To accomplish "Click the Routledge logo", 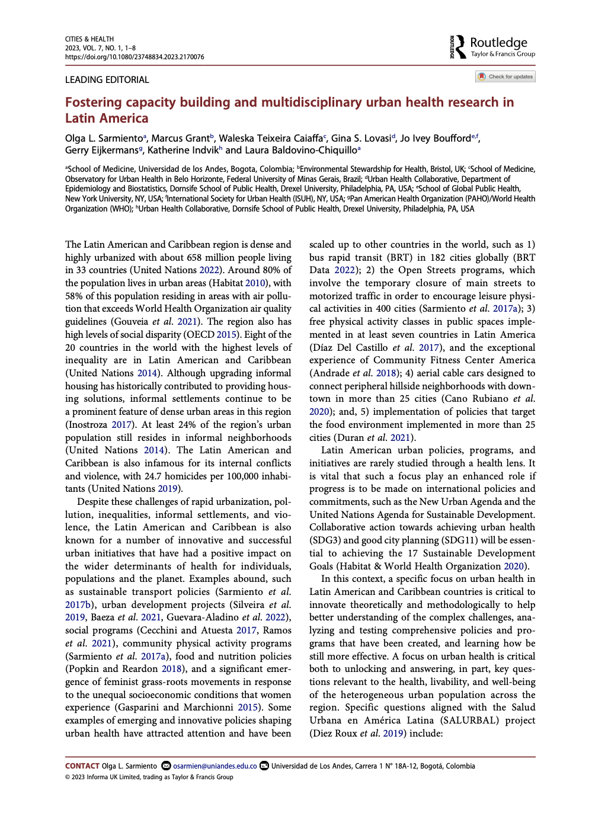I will point(492,46).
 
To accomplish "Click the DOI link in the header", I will point(135,57).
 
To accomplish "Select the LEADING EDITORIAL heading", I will point(107,80).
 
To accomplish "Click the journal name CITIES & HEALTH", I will point(89,39).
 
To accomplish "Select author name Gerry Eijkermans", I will point(101,151).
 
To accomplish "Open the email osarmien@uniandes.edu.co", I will point(215,766).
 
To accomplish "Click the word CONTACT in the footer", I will point(82,766).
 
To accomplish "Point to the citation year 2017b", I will point(78,605).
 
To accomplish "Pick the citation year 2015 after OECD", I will point(226,335).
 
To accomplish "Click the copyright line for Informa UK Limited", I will point(149,777).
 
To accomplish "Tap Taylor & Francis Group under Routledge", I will point(503,55).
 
